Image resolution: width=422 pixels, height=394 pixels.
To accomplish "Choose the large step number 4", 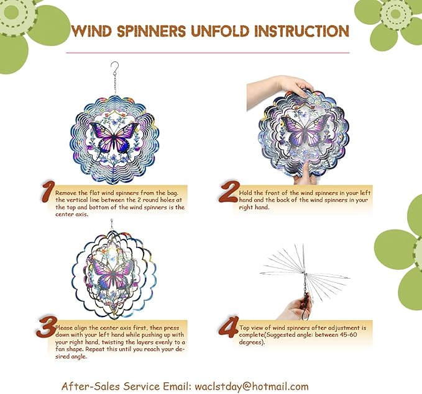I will click(x=229, y=327).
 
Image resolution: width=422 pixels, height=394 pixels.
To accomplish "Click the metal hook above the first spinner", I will click(x=114, y=66).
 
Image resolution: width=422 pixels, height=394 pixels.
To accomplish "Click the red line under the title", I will click(x=211, y=53).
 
